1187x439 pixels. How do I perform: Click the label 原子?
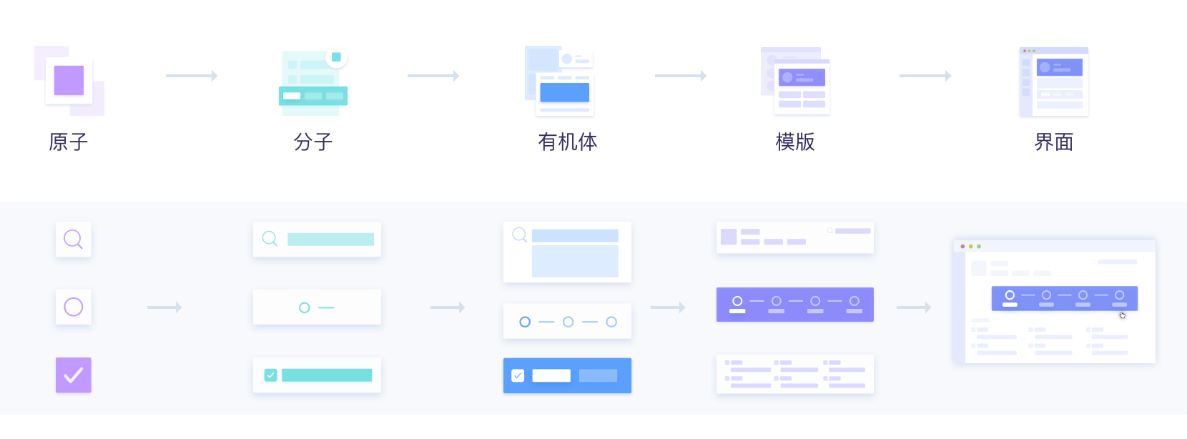pyautogui.click(x=69, y=142)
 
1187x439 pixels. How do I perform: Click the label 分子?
pyautogui.click(x=313, y=142)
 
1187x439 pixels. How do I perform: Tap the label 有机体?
pyautogui.click(x=567, y=142)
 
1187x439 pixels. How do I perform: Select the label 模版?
pyautogui.click(x=795, y=142)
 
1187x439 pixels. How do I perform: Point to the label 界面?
pyautogui.click(x=1053, y=142)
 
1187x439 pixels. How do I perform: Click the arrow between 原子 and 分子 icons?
pyautogui.click(x=192, y=76)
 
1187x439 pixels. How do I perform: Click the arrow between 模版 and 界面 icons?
pyautogui.click(x=925, y=76)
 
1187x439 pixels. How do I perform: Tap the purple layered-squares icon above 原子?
pyautogui.click(x=69, y=81)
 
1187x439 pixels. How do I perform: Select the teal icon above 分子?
pyautogui.click(x=313, y=81)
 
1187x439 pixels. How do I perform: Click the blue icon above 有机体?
pyautogui.click(x=561, y=82)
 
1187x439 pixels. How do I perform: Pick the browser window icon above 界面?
pyautogui.click(x=1053, y=82)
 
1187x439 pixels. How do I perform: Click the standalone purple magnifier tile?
pyautogui.click(x=74, y=239)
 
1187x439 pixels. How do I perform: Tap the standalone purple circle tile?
pyautogui.click(x=74, y=307)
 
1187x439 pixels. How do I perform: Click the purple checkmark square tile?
pyautogui.click(x=74, y=375)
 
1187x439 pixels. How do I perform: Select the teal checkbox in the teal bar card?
pyautogui.click(x=270, y=375)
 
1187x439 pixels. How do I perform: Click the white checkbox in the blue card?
pyautogui.click(x=518, y=375)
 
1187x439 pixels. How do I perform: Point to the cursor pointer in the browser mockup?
pyautogui.click(x=1122, y=315)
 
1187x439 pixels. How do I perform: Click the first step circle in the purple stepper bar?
pyautogui.click(x=737, y=301)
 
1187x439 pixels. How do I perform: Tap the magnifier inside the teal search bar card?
pyautogui.click(x=270, y=238)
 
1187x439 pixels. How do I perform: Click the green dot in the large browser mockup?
pyautogui.click(x=979, y=246)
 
